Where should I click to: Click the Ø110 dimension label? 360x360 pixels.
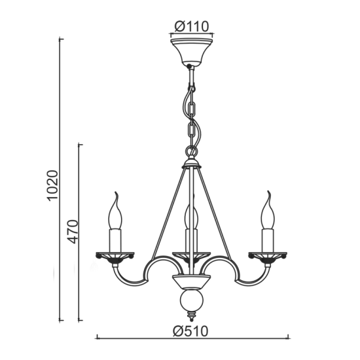(x=191, y=27)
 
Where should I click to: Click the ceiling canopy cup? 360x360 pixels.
(x=191, y=51)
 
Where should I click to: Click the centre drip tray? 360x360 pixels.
(x=191, y=254)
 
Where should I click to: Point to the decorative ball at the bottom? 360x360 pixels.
(x=191, y=304)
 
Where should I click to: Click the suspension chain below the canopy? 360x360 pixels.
(x=191, y=111)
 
